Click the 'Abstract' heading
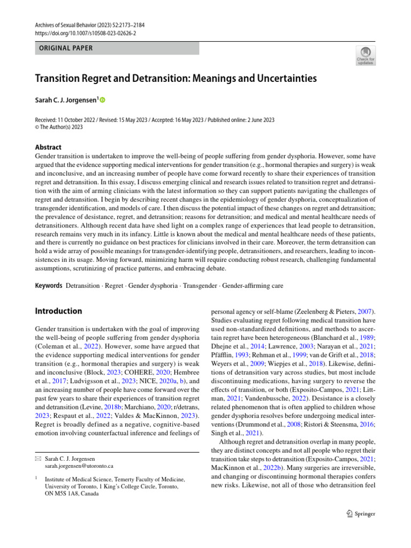[48, 147]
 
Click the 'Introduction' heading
[58, 311]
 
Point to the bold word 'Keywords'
[49, 286]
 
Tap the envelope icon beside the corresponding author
[38, 459]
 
